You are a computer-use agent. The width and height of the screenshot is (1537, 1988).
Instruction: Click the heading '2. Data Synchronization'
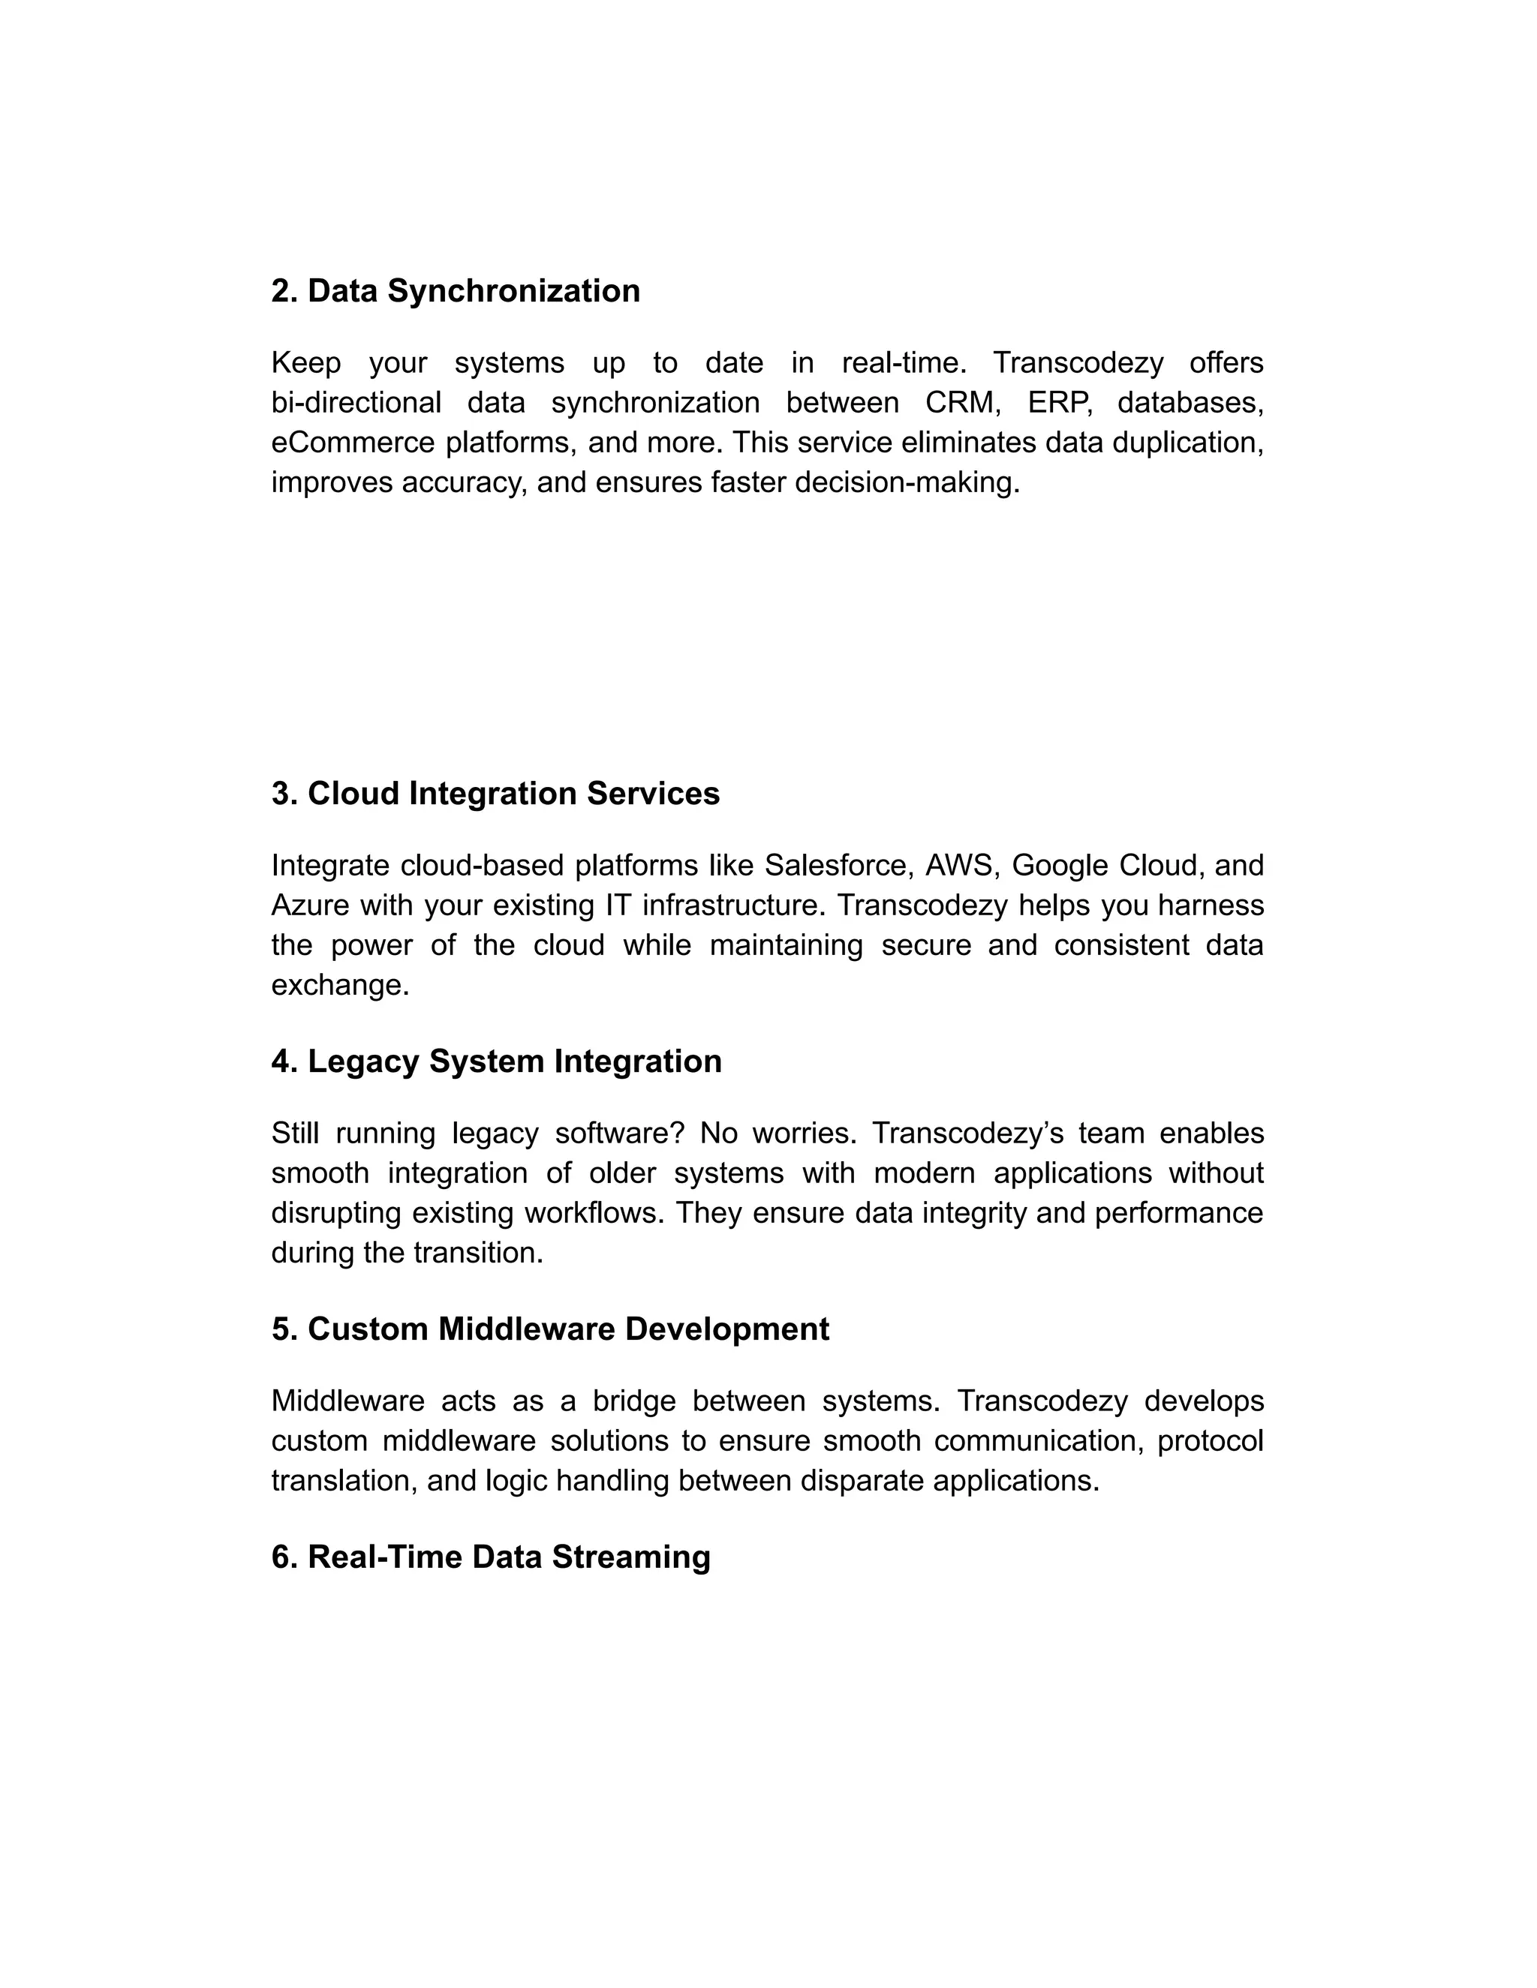click(x=456, y=291)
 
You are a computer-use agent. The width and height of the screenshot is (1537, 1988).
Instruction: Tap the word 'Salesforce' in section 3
click(x=838, y=865)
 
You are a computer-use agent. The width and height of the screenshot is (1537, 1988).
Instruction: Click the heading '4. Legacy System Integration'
click(x=496, y=1062)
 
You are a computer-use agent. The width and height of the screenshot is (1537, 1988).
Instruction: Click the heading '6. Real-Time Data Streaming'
click(x=491, y=1557)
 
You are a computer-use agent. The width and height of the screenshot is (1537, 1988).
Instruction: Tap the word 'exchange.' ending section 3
click(x=341, y=985)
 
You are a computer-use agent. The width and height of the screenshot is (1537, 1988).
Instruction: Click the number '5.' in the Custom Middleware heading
click(x=285, y=1329)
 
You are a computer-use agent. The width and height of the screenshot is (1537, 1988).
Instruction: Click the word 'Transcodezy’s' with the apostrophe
click(x=966, y=1134)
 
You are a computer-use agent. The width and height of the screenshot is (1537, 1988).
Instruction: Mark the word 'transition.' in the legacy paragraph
click(x=478, y=1254)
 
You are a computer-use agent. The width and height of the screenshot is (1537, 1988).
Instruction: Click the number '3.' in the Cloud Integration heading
click(x=285, y=794)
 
